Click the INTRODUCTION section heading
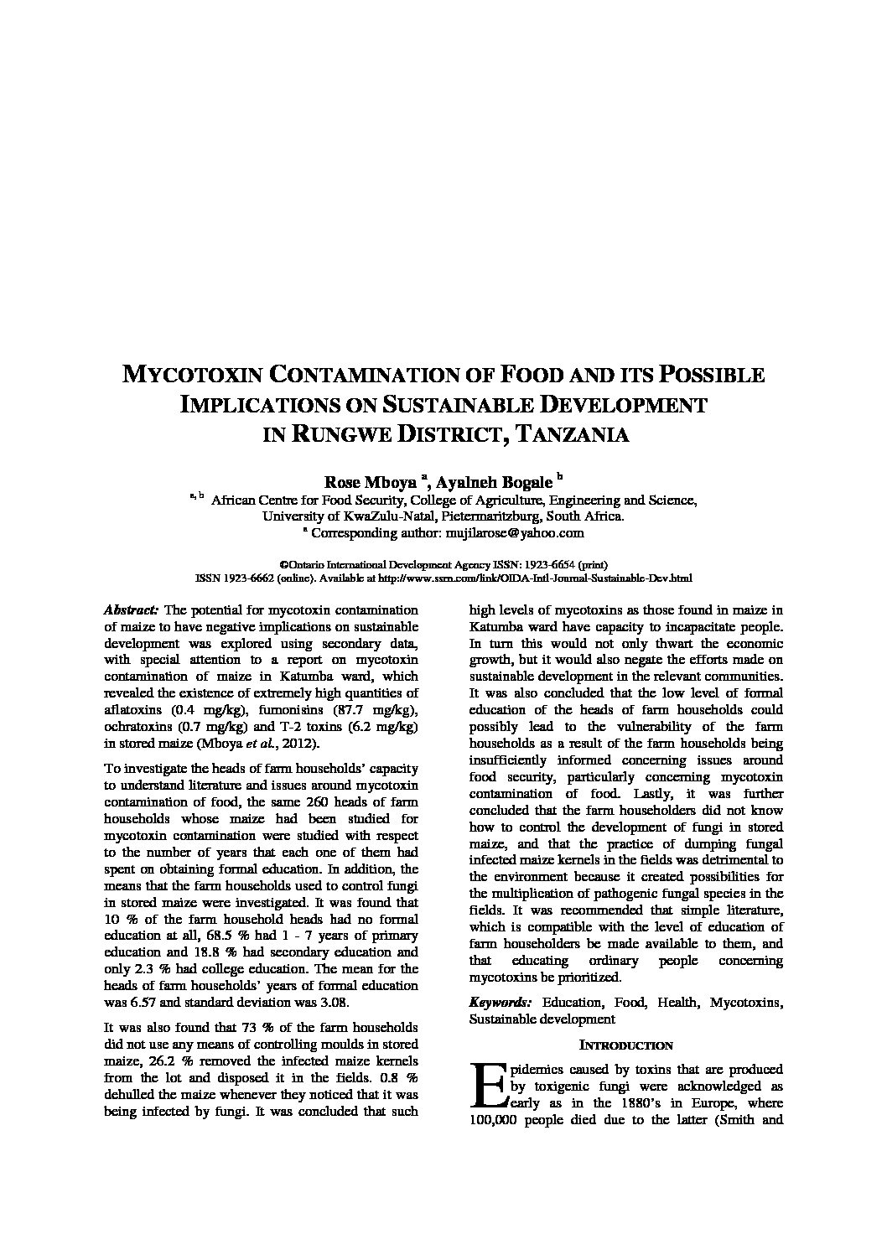click(x=625, y=1045)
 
